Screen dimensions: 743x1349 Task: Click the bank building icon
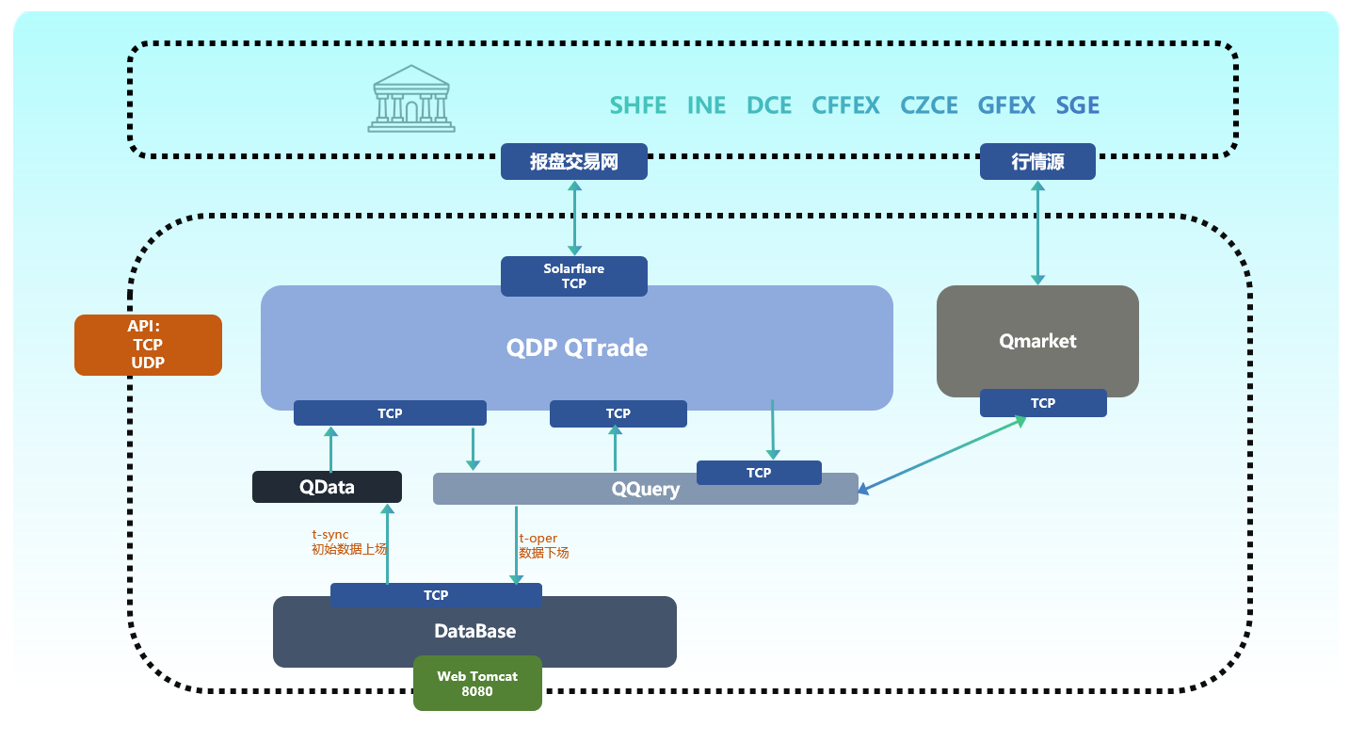point(411,99)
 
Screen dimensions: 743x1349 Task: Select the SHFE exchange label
point(637,105)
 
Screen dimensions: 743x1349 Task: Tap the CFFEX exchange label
point(845,105)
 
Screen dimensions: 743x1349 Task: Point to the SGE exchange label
point(1077,105)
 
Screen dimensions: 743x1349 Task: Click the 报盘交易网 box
point(573,162)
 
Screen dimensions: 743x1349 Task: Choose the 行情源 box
point(1037,162)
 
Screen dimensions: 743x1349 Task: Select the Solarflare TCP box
point(573,276)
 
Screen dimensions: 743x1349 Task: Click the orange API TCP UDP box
point(148,345)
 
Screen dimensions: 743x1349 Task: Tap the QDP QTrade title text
point(576,348)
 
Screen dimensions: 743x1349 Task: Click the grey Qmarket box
point(1037,341)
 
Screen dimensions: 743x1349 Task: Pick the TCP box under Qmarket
point(1042,403)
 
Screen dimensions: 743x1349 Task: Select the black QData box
point(327,487)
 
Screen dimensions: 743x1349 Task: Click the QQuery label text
point(645,490)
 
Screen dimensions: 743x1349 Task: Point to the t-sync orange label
point(330,535)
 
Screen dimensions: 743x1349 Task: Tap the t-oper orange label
point(538,539)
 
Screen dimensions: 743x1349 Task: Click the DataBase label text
point(474,631)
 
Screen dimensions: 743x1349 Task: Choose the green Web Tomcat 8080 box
point(477,684)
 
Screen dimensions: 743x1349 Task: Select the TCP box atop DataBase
point(436,595)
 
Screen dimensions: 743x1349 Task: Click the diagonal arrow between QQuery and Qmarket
point(941,455)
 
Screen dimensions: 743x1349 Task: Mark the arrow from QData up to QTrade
point(330,449)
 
